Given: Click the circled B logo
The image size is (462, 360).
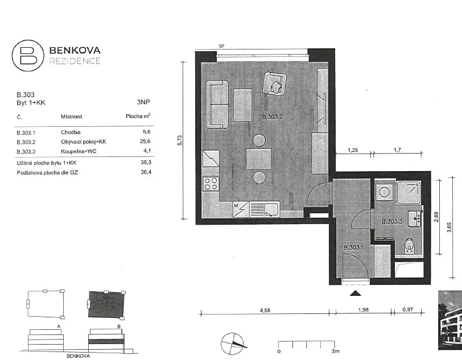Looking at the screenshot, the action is click(28, 56).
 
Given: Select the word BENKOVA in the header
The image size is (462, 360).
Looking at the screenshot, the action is click(75, 51).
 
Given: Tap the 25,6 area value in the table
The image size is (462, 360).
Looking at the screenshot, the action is click(145, 142).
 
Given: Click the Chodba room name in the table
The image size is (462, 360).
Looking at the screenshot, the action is click(71, 133).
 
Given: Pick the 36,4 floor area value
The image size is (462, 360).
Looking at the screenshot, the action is click(146, 172).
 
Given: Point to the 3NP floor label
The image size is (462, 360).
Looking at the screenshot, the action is click(143, 102).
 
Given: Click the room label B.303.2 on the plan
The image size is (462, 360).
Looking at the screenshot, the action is click(273, 117).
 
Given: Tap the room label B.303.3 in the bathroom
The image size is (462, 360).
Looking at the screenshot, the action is click(392, 222).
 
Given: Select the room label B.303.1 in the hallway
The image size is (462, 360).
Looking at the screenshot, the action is click(353, 247).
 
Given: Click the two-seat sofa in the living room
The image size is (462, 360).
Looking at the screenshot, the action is click(217, 104).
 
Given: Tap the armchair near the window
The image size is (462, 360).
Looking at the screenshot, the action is click(275, 84).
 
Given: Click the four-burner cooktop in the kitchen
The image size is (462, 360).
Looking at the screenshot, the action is click(211, 183).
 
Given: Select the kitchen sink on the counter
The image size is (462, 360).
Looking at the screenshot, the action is click(271, 210).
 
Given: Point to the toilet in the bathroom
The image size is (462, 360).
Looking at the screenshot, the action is click(409, 246).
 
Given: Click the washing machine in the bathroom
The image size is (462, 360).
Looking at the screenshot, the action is click(384, 192).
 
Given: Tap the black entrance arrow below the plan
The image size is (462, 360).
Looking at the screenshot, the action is click(356, 293).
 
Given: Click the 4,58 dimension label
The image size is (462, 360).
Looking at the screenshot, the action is click(265, 310).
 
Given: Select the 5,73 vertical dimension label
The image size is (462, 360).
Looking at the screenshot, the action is click(180, 140).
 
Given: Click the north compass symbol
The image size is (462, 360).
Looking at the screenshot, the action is click(233, 344).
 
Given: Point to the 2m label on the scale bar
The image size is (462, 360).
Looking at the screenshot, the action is click(336, 351).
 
